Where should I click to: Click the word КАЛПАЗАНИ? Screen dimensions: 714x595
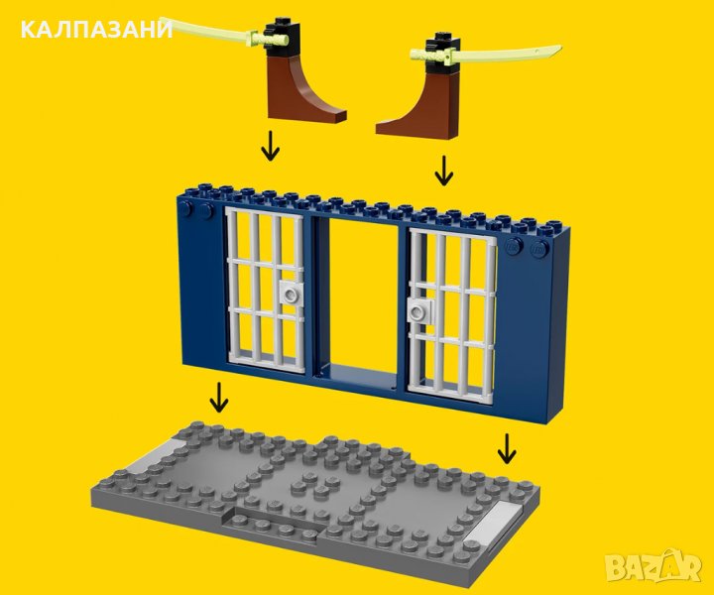[x=96, y=30]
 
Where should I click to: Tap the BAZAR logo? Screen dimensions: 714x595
[x=654, y=566]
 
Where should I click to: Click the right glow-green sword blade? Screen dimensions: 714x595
[x=505, y=53]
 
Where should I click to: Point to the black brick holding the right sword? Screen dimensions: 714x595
[x=440, y=54]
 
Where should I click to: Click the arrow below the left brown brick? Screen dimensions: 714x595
[x=270, y=146]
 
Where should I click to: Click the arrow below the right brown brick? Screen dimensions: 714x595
[x=443, y=171]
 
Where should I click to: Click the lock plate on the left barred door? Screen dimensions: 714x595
[x=290, y=292]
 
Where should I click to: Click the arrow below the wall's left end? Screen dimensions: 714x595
[x=219, y=397]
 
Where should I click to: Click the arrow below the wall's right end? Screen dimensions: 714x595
[x=507, y=448]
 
